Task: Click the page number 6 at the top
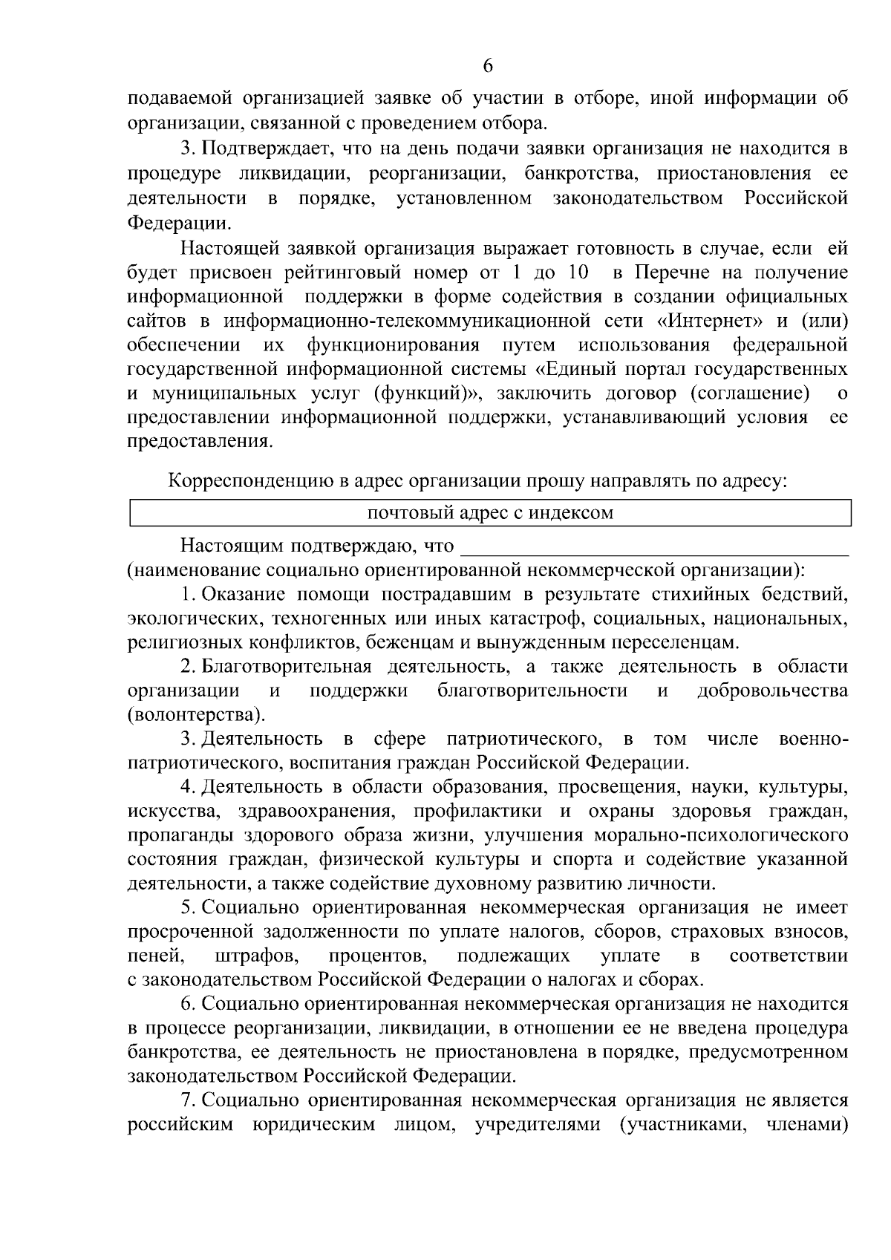pos(488,65)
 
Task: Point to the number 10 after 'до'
pos(579,272)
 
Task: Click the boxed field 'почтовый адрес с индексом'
pos(490,513)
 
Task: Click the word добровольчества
pos(772,691)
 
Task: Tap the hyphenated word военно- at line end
pos(814,739)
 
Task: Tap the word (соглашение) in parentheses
pos(750,392)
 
